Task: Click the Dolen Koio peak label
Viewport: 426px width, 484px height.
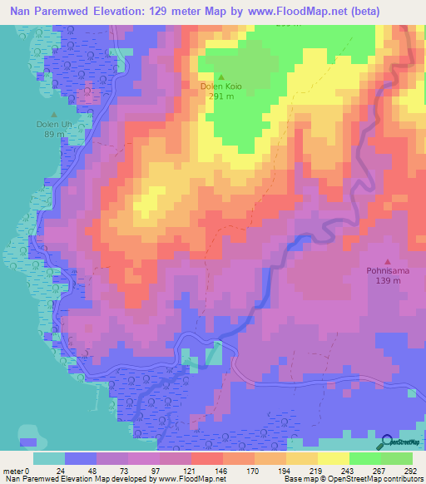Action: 220,85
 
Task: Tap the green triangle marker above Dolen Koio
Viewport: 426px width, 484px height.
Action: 220,77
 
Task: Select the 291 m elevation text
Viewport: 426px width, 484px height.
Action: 220,95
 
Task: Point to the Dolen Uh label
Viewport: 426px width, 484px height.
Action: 54,124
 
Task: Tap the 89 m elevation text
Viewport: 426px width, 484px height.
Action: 54,134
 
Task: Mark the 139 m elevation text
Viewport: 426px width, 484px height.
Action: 388,281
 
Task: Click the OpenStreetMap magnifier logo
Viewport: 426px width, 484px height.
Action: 386,443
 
